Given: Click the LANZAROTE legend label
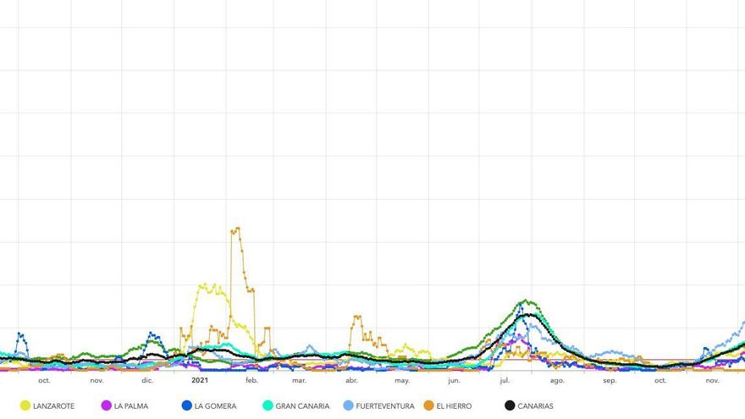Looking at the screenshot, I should point(53,406).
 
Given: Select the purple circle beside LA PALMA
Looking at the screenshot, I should point(106,406).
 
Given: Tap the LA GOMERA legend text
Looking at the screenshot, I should point(215,406).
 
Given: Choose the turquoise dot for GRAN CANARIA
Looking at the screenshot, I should point(268,406).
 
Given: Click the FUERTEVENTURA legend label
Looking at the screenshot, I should point(385,406).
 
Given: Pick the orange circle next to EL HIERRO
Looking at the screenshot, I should point(428,406).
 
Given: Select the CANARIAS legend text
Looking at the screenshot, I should point(535,406).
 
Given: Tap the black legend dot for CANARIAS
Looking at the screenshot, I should point(510,406).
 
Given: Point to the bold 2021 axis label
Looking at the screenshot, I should point(200,381).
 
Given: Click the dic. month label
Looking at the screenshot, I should point(147,381).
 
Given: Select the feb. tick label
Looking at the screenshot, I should point(251,381).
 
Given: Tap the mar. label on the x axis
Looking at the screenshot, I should point(299,381).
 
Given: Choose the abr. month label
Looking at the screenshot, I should point(351,381).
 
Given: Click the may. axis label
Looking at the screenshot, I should point(402,381).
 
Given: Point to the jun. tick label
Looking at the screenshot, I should point(454,381).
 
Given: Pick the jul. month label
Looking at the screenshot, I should point(505,381).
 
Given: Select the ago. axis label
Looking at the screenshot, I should point(557,381).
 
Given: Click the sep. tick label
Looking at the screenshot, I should point(610,381).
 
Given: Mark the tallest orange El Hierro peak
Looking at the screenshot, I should point(236,228).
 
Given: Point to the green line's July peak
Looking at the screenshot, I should point(527,300).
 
